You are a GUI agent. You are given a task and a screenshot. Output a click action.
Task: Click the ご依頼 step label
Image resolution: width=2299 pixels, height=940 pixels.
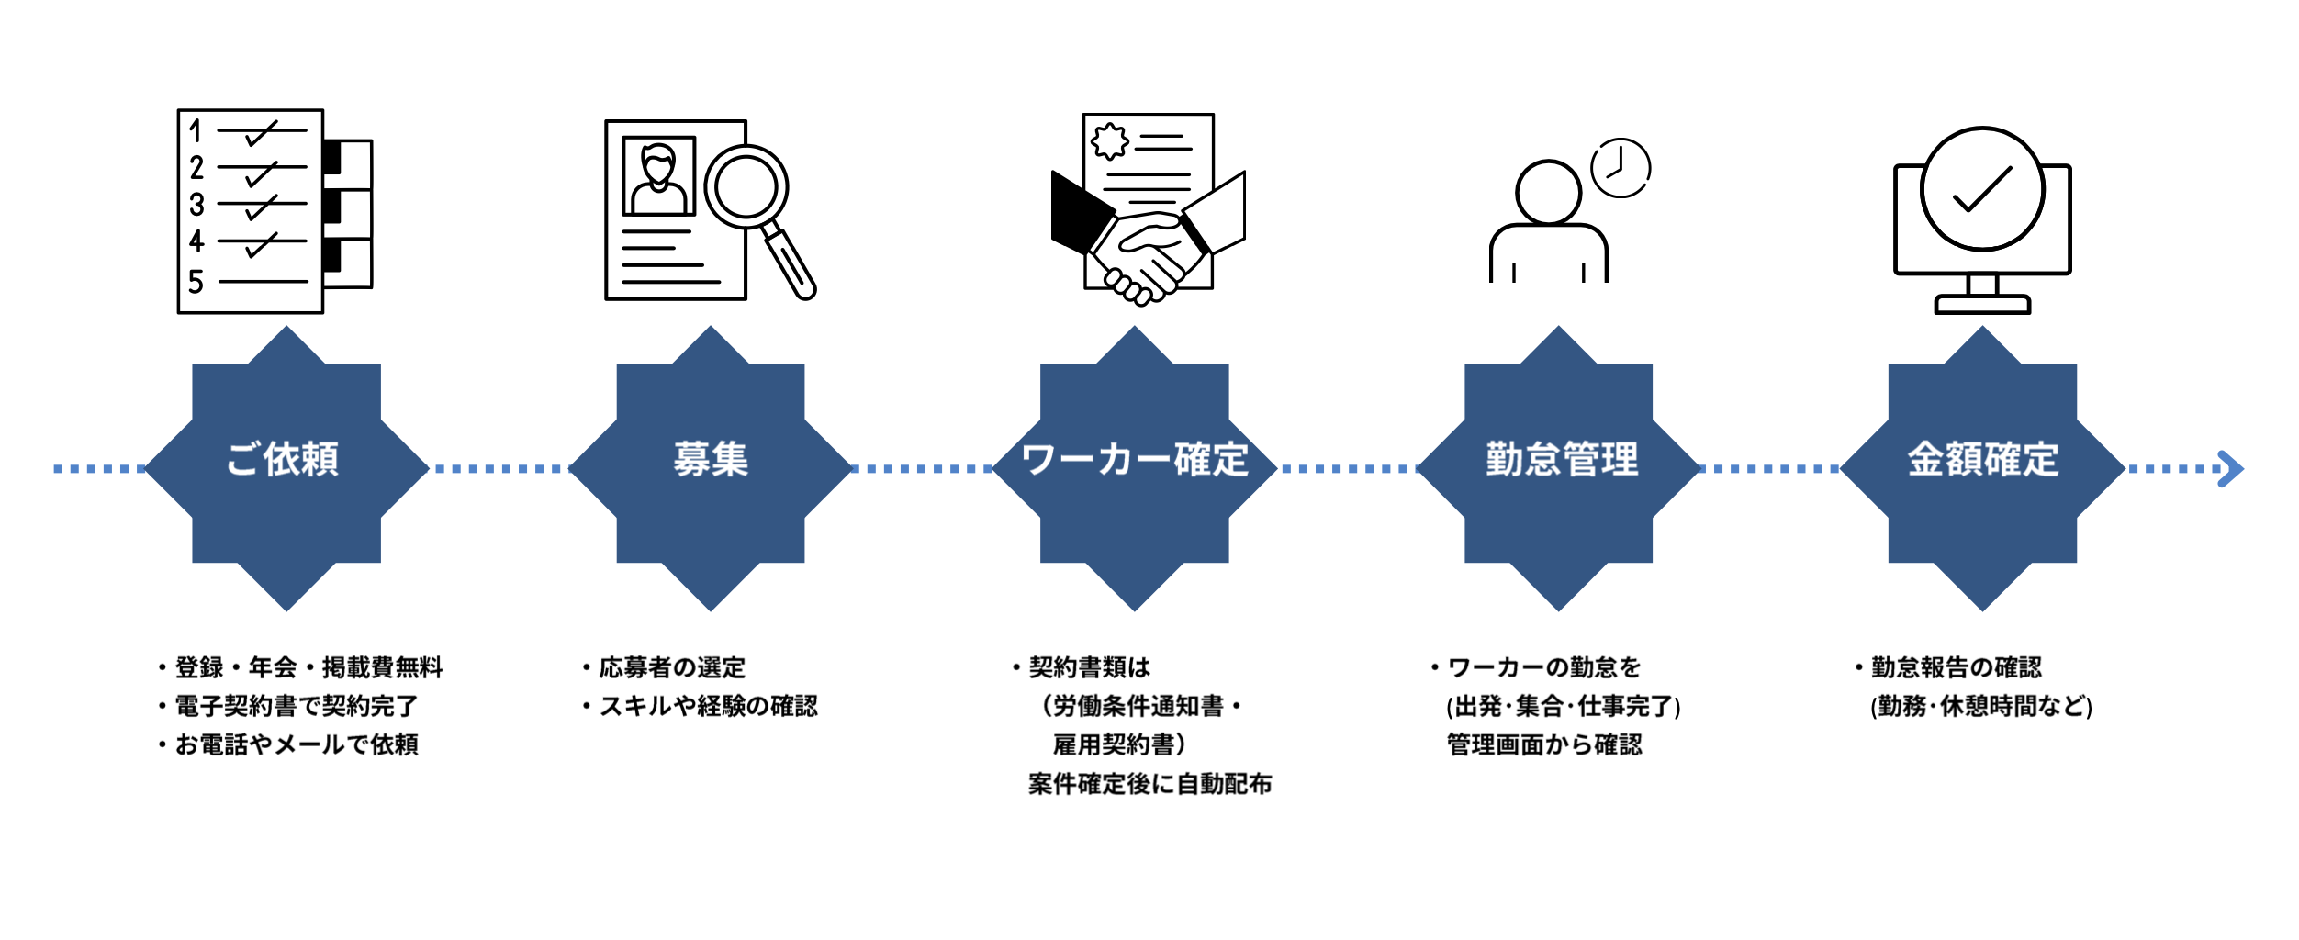pyautogui.click(x=283, y=459)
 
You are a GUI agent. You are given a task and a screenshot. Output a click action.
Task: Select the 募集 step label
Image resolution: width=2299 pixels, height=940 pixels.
pyautogui.click(x=711, y=459)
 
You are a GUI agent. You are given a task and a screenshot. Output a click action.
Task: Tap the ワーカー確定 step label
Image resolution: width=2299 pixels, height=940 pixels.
pyautogui.click(x=1134, y=459)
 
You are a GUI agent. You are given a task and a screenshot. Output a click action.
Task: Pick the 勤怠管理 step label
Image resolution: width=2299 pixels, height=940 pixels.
pyautogui.click(x=1561, y=459)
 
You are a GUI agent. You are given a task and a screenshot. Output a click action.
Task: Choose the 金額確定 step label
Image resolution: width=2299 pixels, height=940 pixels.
pyautogui.click(x=1983, y=459)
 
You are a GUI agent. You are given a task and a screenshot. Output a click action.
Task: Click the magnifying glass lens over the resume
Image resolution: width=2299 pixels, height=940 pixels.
pyautogui.click(x=746, y=186)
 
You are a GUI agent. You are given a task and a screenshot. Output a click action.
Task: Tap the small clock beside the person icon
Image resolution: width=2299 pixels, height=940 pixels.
pyautogui.click(x=1621, y=168)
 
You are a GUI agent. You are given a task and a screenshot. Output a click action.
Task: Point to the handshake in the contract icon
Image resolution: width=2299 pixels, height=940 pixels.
pyautogui.click(x=1148, y=252)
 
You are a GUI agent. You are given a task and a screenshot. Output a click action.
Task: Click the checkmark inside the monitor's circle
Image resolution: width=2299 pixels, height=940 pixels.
pyautogui.click(x=1982, y=190)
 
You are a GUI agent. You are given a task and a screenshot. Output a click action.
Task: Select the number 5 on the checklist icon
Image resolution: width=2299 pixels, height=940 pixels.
pyautogui.click(x=196, y=282)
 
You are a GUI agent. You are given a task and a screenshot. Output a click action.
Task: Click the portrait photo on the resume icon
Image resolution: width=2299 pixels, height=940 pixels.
pyautogui.click(x=658, y=175)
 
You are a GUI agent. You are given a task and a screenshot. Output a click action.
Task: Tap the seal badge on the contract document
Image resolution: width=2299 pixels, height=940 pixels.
pyautogui.click(x=1109, y=141)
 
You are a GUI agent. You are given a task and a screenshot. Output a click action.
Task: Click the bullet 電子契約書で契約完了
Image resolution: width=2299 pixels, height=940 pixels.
pyautogui.click(x=296, y=706)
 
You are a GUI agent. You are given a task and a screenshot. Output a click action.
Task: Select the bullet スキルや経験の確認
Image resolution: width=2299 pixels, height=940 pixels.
pyautogui.click(x=707, y=706)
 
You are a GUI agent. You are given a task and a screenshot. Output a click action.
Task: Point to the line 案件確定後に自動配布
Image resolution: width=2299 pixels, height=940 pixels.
pyautogui.click(x=1149, y=784)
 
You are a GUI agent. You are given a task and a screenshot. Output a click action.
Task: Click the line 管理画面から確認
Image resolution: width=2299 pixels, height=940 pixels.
pyautogui.click(x=1544, y=744)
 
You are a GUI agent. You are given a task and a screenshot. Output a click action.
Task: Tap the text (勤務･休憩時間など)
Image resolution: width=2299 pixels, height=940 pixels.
pyautogui.click(x=1981, y=706)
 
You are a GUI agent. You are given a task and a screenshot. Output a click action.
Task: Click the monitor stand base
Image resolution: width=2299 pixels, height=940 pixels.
pyautogui.click(x=1982, y=304)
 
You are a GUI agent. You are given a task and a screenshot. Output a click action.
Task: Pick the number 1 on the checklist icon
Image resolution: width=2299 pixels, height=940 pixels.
pyautogui.click(x=195, y=130)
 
